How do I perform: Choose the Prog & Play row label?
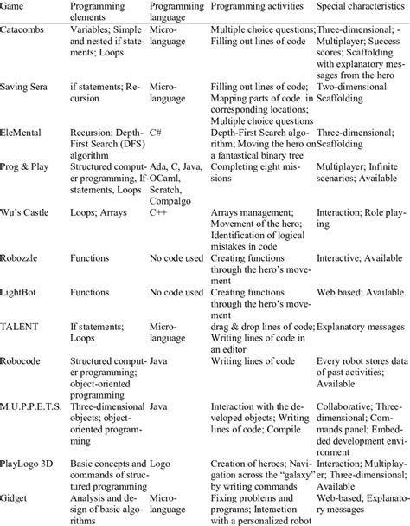tap(28, 165)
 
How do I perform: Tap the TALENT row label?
tap(22, 328)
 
